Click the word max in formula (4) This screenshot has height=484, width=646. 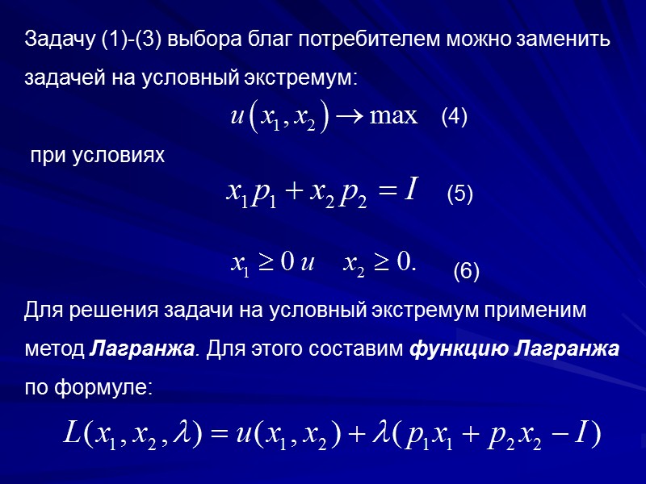(x=393, y=116)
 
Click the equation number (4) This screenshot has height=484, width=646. (x=454, y=117)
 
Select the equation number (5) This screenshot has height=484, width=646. (x=459, y=194)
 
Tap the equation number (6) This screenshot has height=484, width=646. (x=466, y=272)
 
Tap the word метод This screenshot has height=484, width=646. (x=53, y=350)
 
